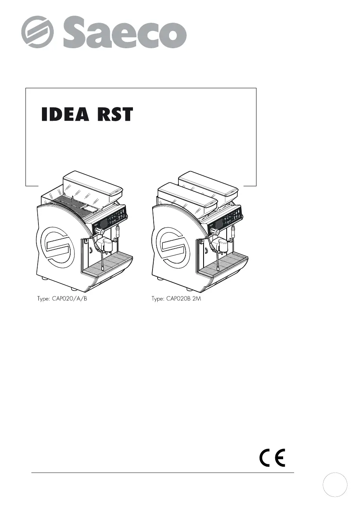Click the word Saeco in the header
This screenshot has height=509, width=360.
pos(125,32)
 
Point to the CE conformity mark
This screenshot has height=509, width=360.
pos(272,457)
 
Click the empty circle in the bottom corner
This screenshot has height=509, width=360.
pos(335,485)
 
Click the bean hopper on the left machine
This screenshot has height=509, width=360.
pos(93,187)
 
